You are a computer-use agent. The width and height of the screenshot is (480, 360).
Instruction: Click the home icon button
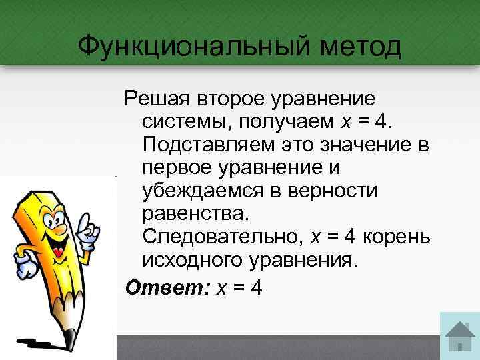[x=459, y=337]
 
